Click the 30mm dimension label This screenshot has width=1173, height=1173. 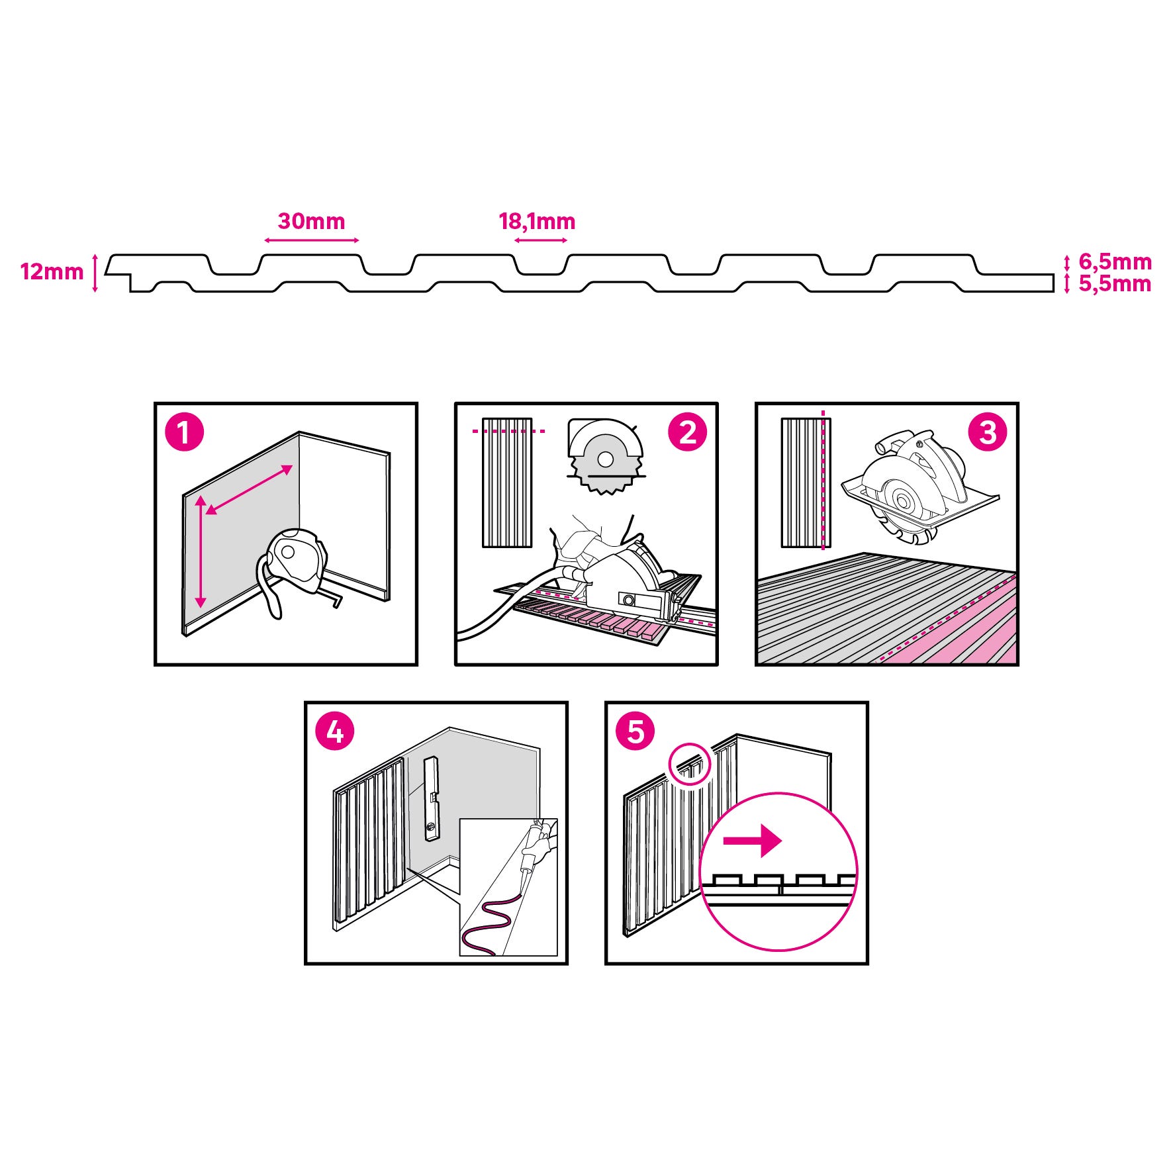[311, 221]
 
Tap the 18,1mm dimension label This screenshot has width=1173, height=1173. [537, 222]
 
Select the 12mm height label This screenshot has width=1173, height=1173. [52, 271]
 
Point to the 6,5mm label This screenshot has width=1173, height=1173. [1115, 262]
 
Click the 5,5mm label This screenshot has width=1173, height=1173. [1115, 284]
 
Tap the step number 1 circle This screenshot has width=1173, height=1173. [184, 433]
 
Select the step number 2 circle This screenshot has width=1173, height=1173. [688, 433]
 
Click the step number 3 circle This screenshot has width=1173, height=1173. [988, 433]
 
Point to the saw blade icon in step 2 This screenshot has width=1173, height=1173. [605, 456]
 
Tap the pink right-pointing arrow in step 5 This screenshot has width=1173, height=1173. [753, 841]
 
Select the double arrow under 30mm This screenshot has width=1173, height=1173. [311, 240]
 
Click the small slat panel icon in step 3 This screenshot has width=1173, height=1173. [806, 483]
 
